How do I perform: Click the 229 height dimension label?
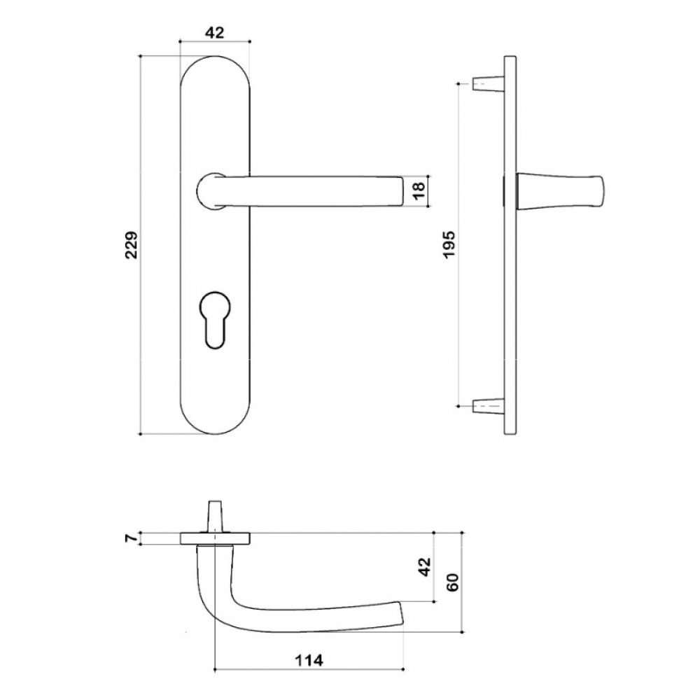[132, 244]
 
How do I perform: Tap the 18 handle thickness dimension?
[419, 191]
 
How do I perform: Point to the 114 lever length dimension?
[309, 660]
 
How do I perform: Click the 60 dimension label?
[453, 582]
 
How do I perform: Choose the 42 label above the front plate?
[214, 33]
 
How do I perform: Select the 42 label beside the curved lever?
[425, 566]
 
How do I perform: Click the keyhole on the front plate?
[214, 319]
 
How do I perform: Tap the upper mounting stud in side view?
[488, 83]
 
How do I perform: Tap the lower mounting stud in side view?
[488, 406]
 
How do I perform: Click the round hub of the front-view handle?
[210, 190]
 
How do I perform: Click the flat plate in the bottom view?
[215, 539]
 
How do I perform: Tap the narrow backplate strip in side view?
[510, 244]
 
